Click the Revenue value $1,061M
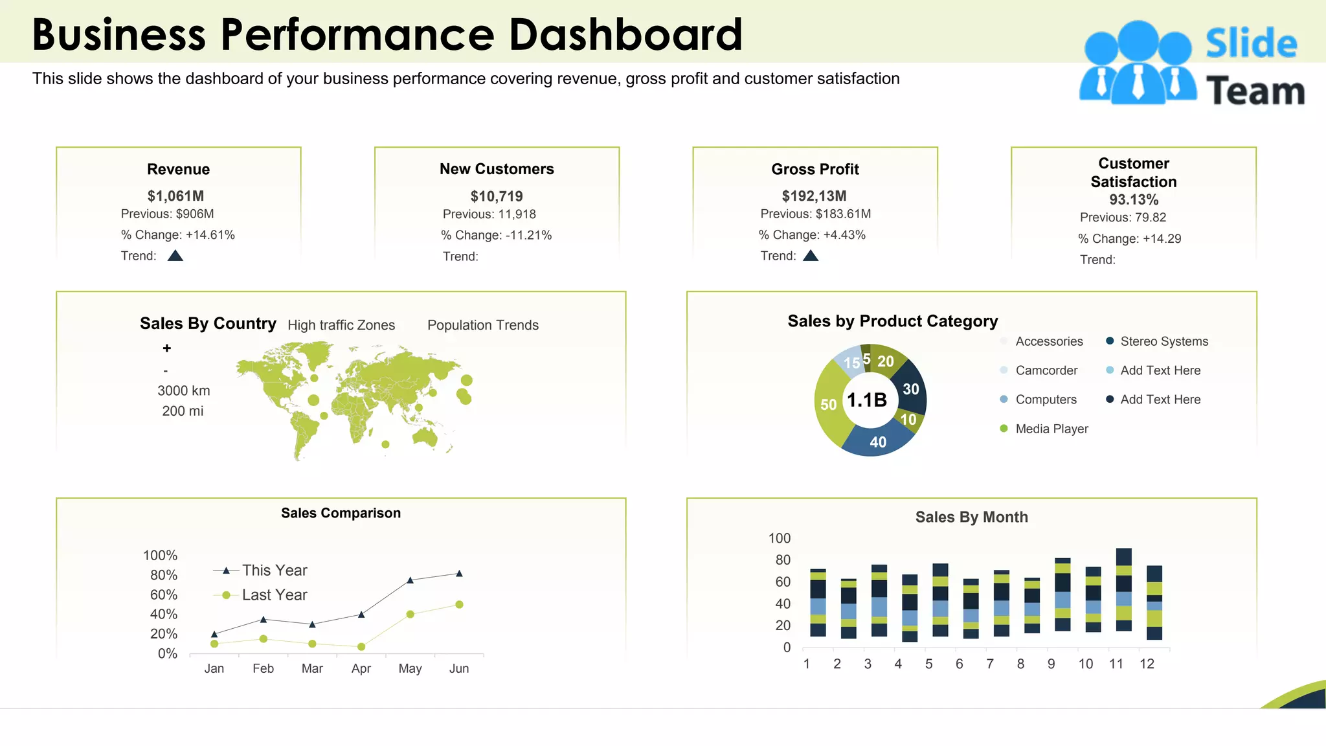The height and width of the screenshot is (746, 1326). coord(175,196)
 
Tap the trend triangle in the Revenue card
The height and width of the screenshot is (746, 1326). coord(175,256)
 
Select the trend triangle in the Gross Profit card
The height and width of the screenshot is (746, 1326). coord(811,256)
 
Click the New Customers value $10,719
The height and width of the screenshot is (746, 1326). coord(497,196)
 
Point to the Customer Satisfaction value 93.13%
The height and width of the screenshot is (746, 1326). coord(1134,199)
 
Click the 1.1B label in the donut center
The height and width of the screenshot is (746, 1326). coord(867,400)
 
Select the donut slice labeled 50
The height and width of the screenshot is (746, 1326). coord(827,405)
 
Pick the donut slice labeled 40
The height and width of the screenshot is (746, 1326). coord(877,442)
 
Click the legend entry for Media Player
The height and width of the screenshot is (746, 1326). coord(1051,429)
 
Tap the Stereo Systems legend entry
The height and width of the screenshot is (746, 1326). coord(1163,341)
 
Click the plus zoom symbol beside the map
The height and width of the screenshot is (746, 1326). coord(167,348)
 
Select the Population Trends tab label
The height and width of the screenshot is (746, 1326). coord(483,325)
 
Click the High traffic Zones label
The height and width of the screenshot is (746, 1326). coord(341,325)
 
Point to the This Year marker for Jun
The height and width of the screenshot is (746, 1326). coord(459,574)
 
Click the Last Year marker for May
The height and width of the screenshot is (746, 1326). coord(410,614)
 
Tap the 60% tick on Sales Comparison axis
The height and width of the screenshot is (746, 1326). coord(163,594)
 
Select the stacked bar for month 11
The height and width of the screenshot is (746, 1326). coord(1124,589)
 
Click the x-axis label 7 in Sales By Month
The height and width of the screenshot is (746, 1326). coord(989,664)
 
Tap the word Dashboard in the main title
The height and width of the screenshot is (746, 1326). coord(625,34)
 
